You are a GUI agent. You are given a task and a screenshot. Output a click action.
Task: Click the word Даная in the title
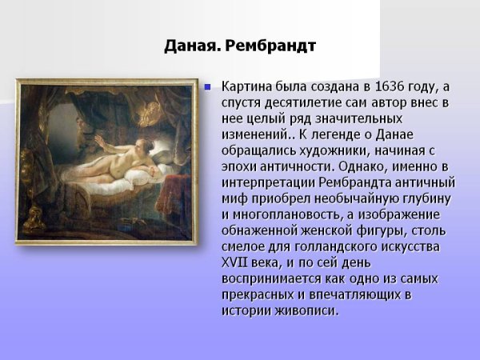[192, 46]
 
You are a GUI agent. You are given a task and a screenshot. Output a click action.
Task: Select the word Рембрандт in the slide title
[271, 46]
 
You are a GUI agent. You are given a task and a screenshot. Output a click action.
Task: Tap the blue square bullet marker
[210, 86]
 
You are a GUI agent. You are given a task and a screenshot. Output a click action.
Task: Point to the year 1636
[381, 86]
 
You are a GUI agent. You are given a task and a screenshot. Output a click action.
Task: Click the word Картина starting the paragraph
[247, 86]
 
